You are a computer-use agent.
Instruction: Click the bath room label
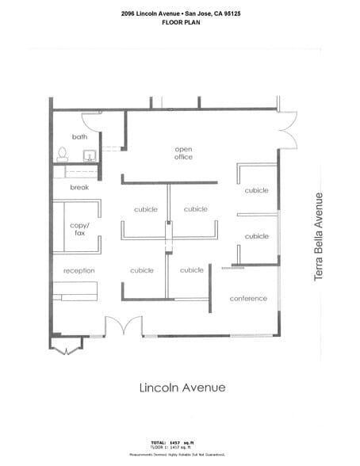[x=79, y=136]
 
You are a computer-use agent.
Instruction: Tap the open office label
[x=184, y=152]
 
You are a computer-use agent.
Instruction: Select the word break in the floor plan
[x=79, y=187]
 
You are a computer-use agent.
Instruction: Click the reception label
[x=79, y=270]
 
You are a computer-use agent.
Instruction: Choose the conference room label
[x=248, y=298]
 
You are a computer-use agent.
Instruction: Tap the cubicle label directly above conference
[x=256, y=236]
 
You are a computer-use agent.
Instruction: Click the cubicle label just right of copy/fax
[x=145, y=209]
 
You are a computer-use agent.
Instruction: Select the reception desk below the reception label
[x=75, y=297]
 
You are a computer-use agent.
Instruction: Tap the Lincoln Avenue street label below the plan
[x=182, y=388]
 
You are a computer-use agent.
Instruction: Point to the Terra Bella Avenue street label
[x=320, y=236]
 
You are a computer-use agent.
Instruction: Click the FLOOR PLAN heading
[x=180, y=23]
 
